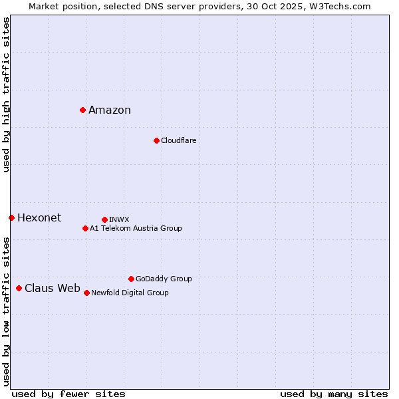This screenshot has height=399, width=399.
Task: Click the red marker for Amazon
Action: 82,110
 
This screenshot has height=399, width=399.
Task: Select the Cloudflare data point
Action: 156,140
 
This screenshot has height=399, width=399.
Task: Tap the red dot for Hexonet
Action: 11,217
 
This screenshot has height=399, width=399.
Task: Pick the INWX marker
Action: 104,219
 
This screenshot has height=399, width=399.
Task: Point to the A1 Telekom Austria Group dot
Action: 85,228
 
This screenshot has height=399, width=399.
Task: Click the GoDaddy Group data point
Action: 131,279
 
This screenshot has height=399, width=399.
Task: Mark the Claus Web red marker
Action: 19,288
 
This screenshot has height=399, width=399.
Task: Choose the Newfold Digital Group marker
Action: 86,293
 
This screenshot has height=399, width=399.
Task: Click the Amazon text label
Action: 110,110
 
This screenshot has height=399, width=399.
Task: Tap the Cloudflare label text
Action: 178,140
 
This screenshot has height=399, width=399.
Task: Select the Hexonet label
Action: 39,218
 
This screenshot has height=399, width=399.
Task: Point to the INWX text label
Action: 119,219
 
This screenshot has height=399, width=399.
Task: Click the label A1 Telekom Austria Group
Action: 136,228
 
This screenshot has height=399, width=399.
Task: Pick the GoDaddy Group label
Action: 164,279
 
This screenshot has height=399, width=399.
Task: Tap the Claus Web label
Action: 53,289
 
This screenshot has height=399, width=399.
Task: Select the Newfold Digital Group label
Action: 130,293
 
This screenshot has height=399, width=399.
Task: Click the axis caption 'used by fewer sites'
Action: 68,394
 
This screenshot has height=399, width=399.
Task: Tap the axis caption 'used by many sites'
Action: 334,394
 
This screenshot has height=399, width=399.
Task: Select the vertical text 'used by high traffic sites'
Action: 6,94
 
